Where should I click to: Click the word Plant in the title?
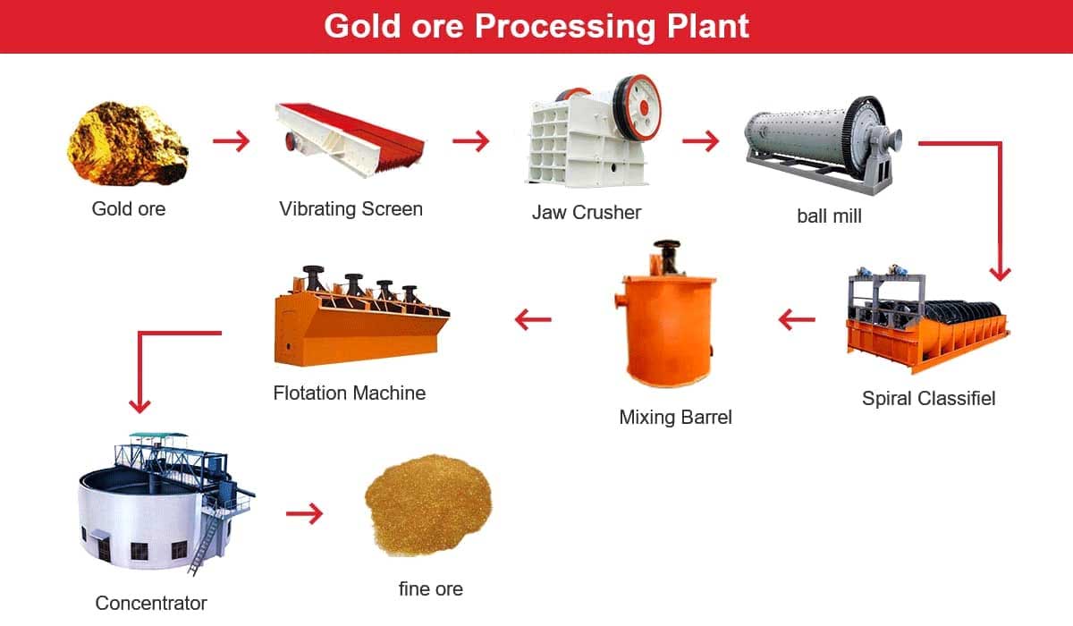click(x=708, y=26)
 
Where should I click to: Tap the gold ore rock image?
click(x=127, y=143)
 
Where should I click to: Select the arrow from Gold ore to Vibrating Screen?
click(x=232, y=140)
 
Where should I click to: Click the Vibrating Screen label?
click(x=351, y=209)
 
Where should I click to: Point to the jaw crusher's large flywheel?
click(x=638, y=108)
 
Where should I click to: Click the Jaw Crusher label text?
click(x=587, y=212)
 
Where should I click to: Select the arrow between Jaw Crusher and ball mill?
click(x=701, y=140)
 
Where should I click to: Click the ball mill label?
click(x=829, y=216)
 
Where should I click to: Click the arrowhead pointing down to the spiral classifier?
click(x=1001, y=274)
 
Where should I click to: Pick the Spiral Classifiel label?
click(x=928, y=399)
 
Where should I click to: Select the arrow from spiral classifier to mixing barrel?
click(x=797, y=320)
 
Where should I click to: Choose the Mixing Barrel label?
click(x=675, y=417)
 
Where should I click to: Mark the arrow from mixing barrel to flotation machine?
click(x=533, y=320)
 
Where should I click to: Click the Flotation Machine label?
click(x=350, y=393)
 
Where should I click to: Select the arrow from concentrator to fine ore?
click(x=305, y=514)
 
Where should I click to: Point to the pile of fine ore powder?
click(x=428, y=504)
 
